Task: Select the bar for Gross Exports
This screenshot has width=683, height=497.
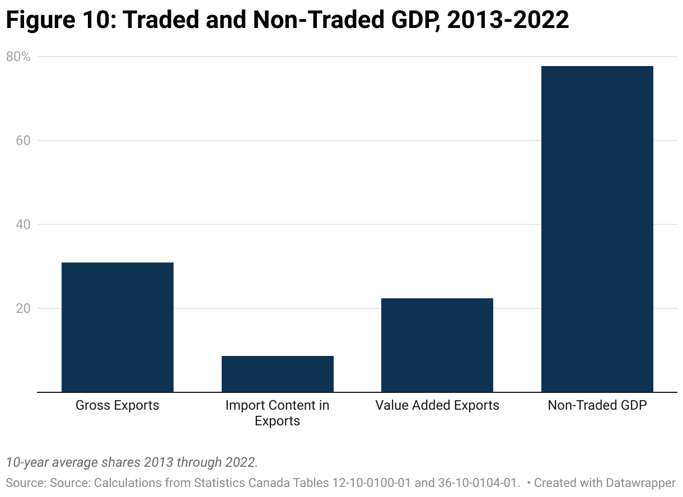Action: pos(117,327)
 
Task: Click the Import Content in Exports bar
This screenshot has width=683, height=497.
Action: pos(277,374)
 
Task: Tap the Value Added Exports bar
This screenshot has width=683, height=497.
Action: pos(437,345)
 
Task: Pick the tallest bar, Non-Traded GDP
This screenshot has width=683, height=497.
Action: pos(597,229)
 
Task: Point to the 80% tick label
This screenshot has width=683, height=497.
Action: pos(18,57)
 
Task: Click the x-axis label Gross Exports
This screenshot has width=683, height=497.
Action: pos(117,405)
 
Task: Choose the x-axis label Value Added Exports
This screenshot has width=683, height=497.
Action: pos(437,405)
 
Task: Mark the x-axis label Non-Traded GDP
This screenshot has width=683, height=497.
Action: pos(597,405)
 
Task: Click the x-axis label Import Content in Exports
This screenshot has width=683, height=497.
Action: pos(277,412)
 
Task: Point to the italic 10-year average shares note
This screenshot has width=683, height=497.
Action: pos(132,462)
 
